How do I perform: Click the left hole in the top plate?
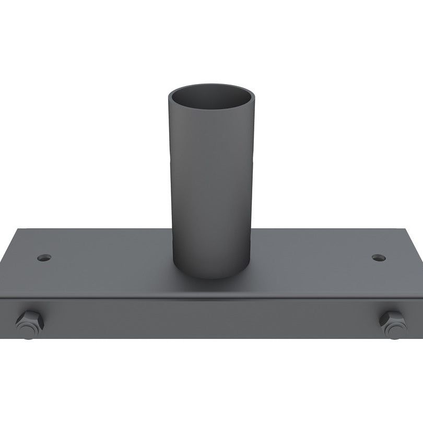coord(44,257)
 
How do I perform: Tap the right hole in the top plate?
coord(379,257)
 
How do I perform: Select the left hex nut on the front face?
coord(30,324)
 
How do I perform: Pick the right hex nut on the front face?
coord(393,324)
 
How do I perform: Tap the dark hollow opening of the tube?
coord(211,98)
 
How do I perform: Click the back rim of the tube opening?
coord(211,85)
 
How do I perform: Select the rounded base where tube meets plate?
coord(211,274)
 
